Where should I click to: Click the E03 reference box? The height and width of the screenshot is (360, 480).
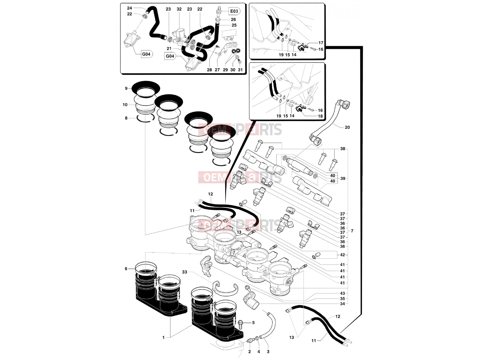pyautogui.click(x=234, y=11)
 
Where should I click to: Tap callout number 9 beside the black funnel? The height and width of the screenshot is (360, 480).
pyautogui.click(x=126, y=88)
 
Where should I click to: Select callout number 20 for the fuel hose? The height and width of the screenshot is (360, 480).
pyautogui.click(x=347, y=127)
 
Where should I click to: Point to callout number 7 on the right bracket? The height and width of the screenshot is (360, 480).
pyautogui.click(x=352, y=231)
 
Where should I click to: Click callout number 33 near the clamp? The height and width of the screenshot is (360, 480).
pyautogui.click(x=184, y=272)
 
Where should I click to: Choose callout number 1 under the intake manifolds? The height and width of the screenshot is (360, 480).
pyautogui.click(x=163, y=337)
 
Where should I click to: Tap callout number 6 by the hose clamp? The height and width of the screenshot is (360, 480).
pyautogui.click(x=126, y=268)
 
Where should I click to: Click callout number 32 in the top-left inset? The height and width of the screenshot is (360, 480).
pyautogui.click(x=179, y=9)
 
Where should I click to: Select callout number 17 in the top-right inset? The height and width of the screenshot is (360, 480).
pyautogui.click(x=321, y=43)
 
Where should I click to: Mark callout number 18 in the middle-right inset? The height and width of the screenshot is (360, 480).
pyautogui.click(x=320, y=116)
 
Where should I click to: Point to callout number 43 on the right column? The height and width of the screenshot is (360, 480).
pyautogui.click(x=342, y=293)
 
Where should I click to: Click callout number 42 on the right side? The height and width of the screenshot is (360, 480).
pyautogui.click(x=342, y=255)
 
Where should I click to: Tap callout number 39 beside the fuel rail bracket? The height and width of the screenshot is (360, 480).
pyautogui.click(x=343, y=178)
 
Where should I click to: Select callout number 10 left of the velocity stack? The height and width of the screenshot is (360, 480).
pyautogui.click(x=125, y=105)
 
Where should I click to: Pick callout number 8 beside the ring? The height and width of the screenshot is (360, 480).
pyautogui.click(x=126, y=118)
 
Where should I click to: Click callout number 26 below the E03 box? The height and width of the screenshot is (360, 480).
pyautogui.click(x=233, y=19)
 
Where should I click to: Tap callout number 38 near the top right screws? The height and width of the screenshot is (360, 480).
pyautogui.click(x=343, y=148)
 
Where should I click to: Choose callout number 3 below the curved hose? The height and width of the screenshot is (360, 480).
pyautogui.click(x=268, y=352)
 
